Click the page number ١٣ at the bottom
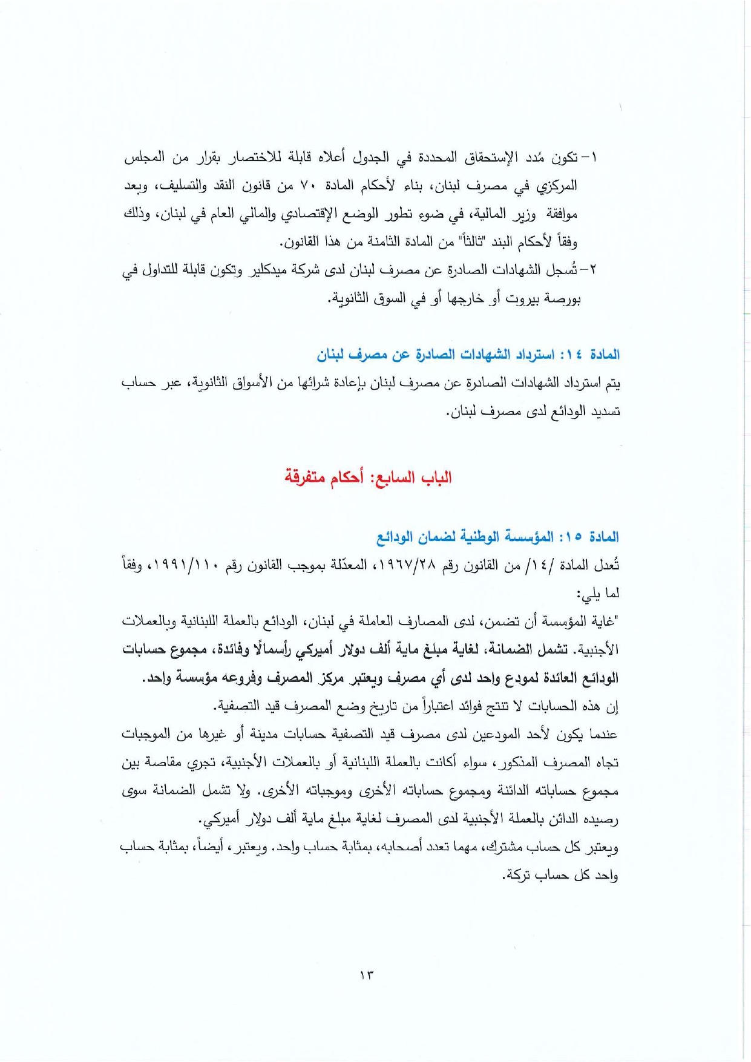click(x=366, y=975)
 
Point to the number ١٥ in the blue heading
click(x=572, y=537)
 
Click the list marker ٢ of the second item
click(x=592, y=270)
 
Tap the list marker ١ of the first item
click(x=594, y=158)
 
